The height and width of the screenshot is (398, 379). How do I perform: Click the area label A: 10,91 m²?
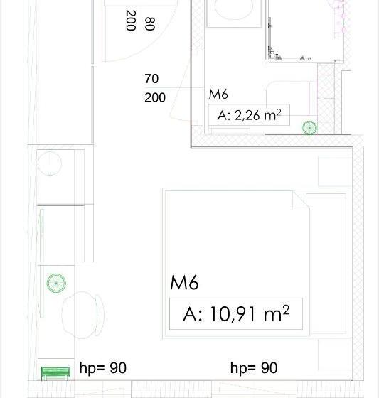[x=235, y=313]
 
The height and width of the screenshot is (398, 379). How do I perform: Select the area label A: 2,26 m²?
[x=248, y=114]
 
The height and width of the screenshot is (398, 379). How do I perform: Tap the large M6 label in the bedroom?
[x=184, y=283]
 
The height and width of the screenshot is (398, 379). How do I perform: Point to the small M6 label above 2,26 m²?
[x=218, y=95]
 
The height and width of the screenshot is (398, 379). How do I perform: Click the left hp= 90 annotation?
[x=102, y=368]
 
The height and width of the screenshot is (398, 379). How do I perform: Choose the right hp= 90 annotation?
[x=254, y=368]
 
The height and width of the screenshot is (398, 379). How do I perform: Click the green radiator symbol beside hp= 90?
[x=55, y=372]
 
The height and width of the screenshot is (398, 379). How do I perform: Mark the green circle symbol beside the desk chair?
[x=56, y=283]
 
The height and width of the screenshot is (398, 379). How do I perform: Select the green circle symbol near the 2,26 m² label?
[x=310, y=128]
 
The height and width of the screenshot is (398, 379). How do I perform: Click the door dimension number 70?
[x=151, y=79]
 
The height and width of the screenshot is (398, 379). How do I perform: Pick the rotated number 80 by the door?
[x=149, y=23]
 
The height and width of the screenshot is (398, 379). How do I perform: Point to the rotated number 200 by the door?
[x=131, y=21]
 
